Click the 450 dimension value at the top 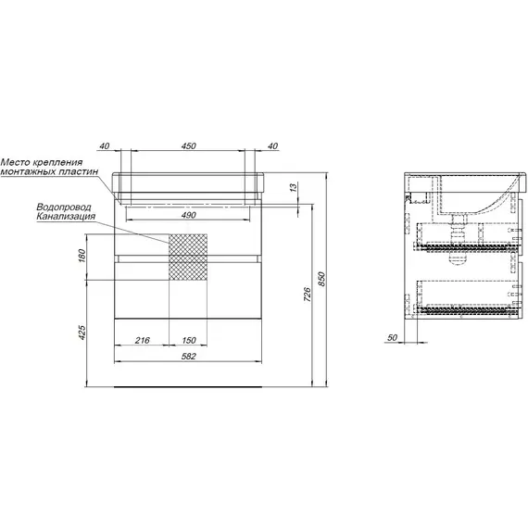(188, 145)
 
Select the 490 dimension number (188, 215)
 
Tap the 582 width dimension (188, 356)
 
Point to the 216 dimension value (142, 340)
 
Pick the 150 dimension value (189, 340)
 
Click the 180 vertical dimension (82, 256)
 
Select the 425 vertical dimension (82, 332)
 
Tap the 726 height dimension (308, 295)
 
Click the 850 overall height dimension (322, 279)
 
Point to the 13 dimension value (294, 187)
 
